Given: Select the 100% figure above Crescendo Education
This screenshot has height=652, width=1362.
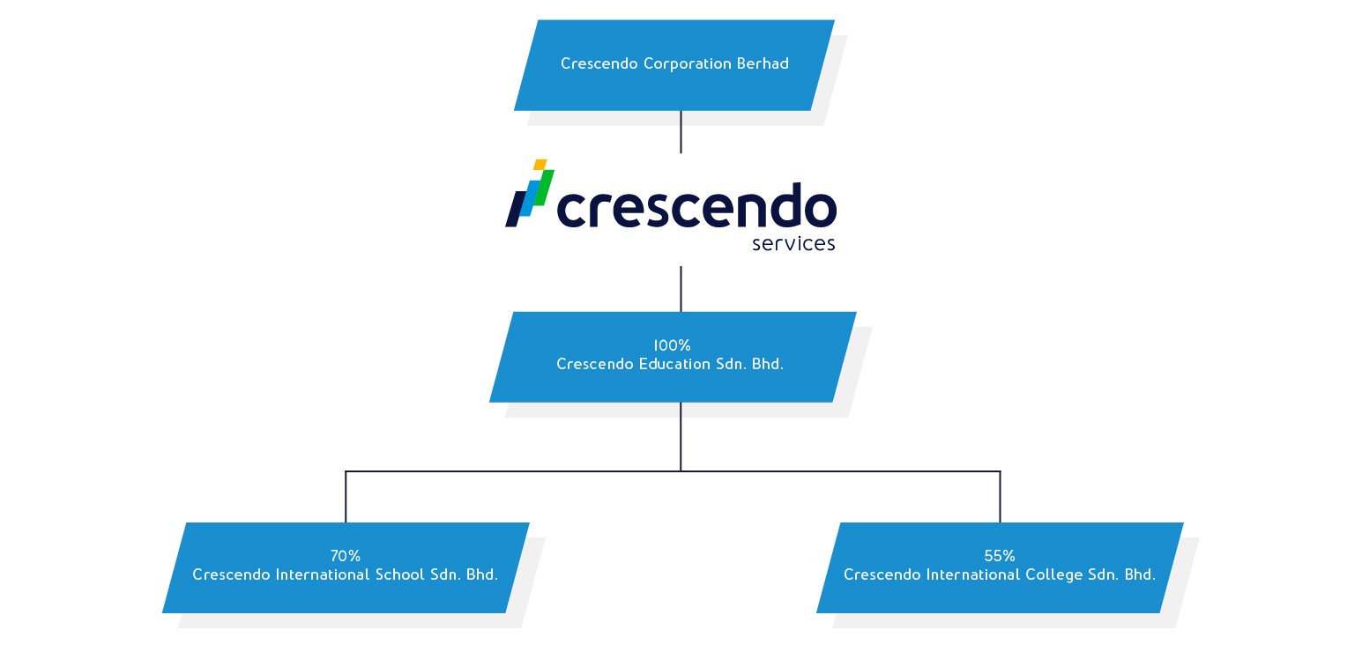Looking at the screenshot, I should click(672, 345).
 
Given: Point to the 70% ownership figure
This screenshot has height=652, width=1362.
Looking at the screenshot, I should click(346, 556).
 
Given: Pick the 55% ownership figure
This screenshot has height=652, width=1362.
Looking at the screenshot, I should click(1000, 556).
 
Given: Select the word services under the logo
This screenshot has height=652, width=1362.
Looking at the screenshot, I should click(793, 243).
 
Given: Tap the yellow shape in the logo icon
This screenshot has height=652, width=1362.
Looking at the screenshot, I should click(540, 165).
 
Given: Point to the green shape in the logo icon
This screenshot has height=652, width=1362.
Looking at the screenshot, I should click(544, 188).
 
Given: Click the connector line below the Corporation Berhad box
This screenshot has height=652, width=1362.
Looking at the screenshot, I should click(681, 132).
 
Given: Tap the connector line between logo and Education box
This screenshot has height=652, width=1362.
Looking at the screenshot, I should click(681, 288).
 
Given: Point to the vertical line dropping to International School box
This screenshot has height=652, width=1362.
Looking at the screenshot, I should click(346, 497).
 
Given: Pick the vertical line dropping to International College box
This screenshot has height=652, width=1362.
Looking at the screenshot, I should click(1000, 497).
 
